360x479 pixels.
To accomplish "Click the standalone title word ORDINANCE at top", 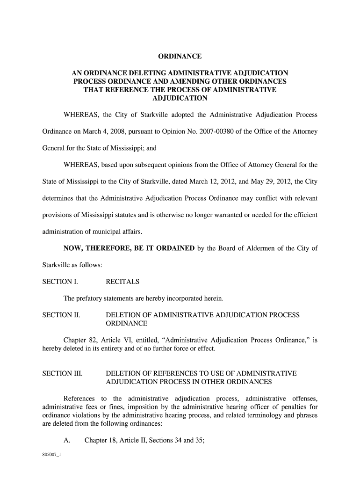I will (x=179, y=57).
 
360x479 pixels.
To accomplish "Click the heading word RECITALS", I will (x=122, y=282).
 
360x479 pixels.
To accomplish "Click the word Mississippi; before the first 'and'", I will (x=127, y=148).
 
